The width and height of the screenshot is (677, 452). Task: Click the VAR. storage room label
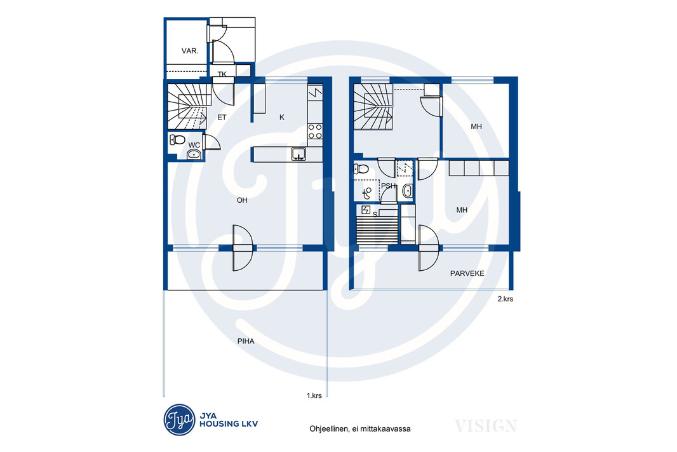190,51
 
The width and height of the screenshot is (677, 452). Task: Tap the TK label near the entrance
222,74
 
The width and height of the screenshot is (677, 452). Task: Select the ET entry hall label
222,117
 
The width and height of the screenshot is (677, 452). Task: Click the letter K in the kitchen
282,117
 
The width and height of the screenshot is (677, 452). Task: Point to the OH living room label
242,200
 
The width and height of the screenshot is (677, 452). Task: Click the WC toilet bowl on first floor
177,140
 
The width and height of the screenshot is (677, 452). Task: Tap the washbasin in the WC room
194,154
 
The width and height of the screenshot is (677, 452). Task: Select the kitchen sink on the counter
298,154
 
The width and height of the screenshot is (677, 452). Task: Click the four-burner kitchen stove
315,132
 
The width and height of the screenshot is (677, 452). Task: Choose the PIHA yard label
246,341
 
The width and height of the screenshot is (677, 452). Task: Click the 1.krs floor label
314,395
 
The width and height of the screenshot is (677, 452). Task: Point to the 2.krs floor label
506,299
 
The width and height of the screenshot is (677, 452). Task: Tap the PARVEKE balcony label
467,273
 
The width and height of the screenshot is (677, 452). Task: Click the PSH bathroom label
389,186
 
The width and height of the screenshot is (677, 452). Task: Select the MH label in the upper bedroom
476,127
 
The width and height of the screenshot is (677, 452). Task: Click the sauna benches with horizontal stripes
377,230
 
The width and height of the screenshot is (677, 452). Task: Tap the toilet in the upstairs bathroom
361,168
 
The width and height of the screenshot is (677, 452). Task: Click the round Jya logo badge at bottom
179,420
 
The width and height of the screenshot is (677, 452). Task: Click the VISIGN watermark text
486,426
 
